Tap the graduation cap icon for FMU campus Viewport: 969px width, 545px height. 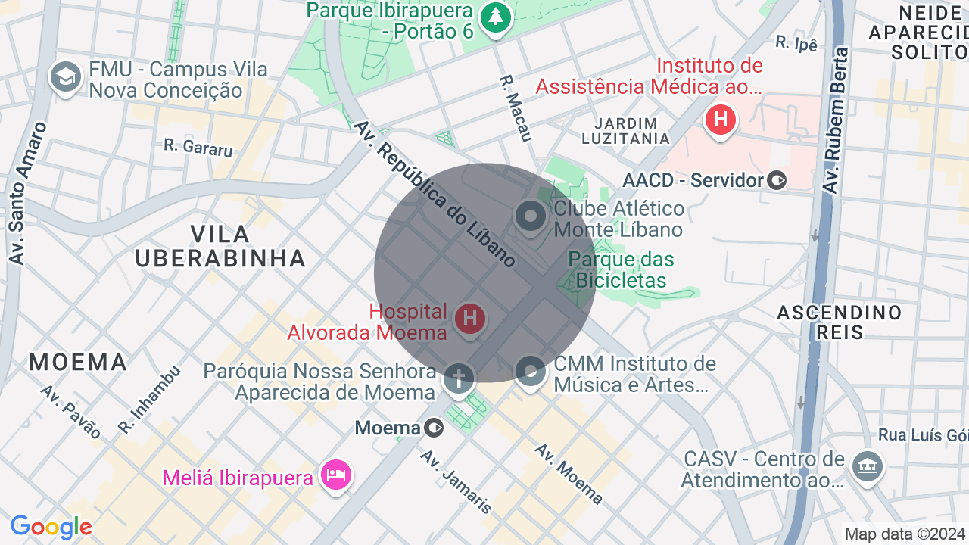pyautogui.click(x=66, y=77)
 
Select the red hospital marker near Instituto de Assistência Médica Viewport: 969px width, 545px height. pyautogui.click(x=720, y=120)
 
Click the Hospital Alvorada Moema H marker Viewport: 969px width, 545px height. pyautogui.click(x=469, y=318)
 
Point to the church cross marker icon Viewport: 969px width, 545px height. pyautogui.click(x=459, y=378)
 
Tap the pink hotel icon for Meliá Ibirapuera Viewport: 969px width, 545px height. pyautogui.click(x=336, y=475)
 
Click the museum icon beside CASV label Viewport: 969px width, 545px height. pyautogui.click(x=868, y=465)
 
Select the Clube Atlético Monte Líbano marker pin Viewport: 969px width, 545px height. pyautogui.click(x=530, y=216)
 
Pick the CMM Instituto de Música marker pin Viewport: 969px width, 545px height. pyautogui.click(x=530, y=371)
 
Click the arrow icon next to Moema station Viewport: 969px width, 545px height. pyautogui.click(x=435, y=428)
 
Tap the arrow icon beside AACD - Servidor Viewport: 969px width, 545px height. pyautogui.click(x=777, y=180)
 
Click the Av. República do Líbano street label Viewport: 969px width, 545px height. pyautogui.click(x=435, y=195)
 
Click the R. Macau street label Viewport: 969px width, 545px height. pyautogui.click(x=516, y=107)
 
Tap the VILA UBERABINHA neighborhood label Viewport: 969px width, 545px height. pyautogui.click(x=220, y=246)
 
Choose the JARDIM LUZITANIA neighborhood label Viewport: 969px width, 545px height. pyautogui.click(x=625, y=131)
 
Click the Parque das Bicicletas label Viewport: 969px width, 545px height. pyautogui.click(x=621, y=270)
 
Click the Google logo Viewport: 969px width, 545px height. pyautogui.click(x=51, y=527)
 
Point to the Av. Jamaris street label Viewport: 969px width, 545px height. pyautogui.click(x=456, y=481)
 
